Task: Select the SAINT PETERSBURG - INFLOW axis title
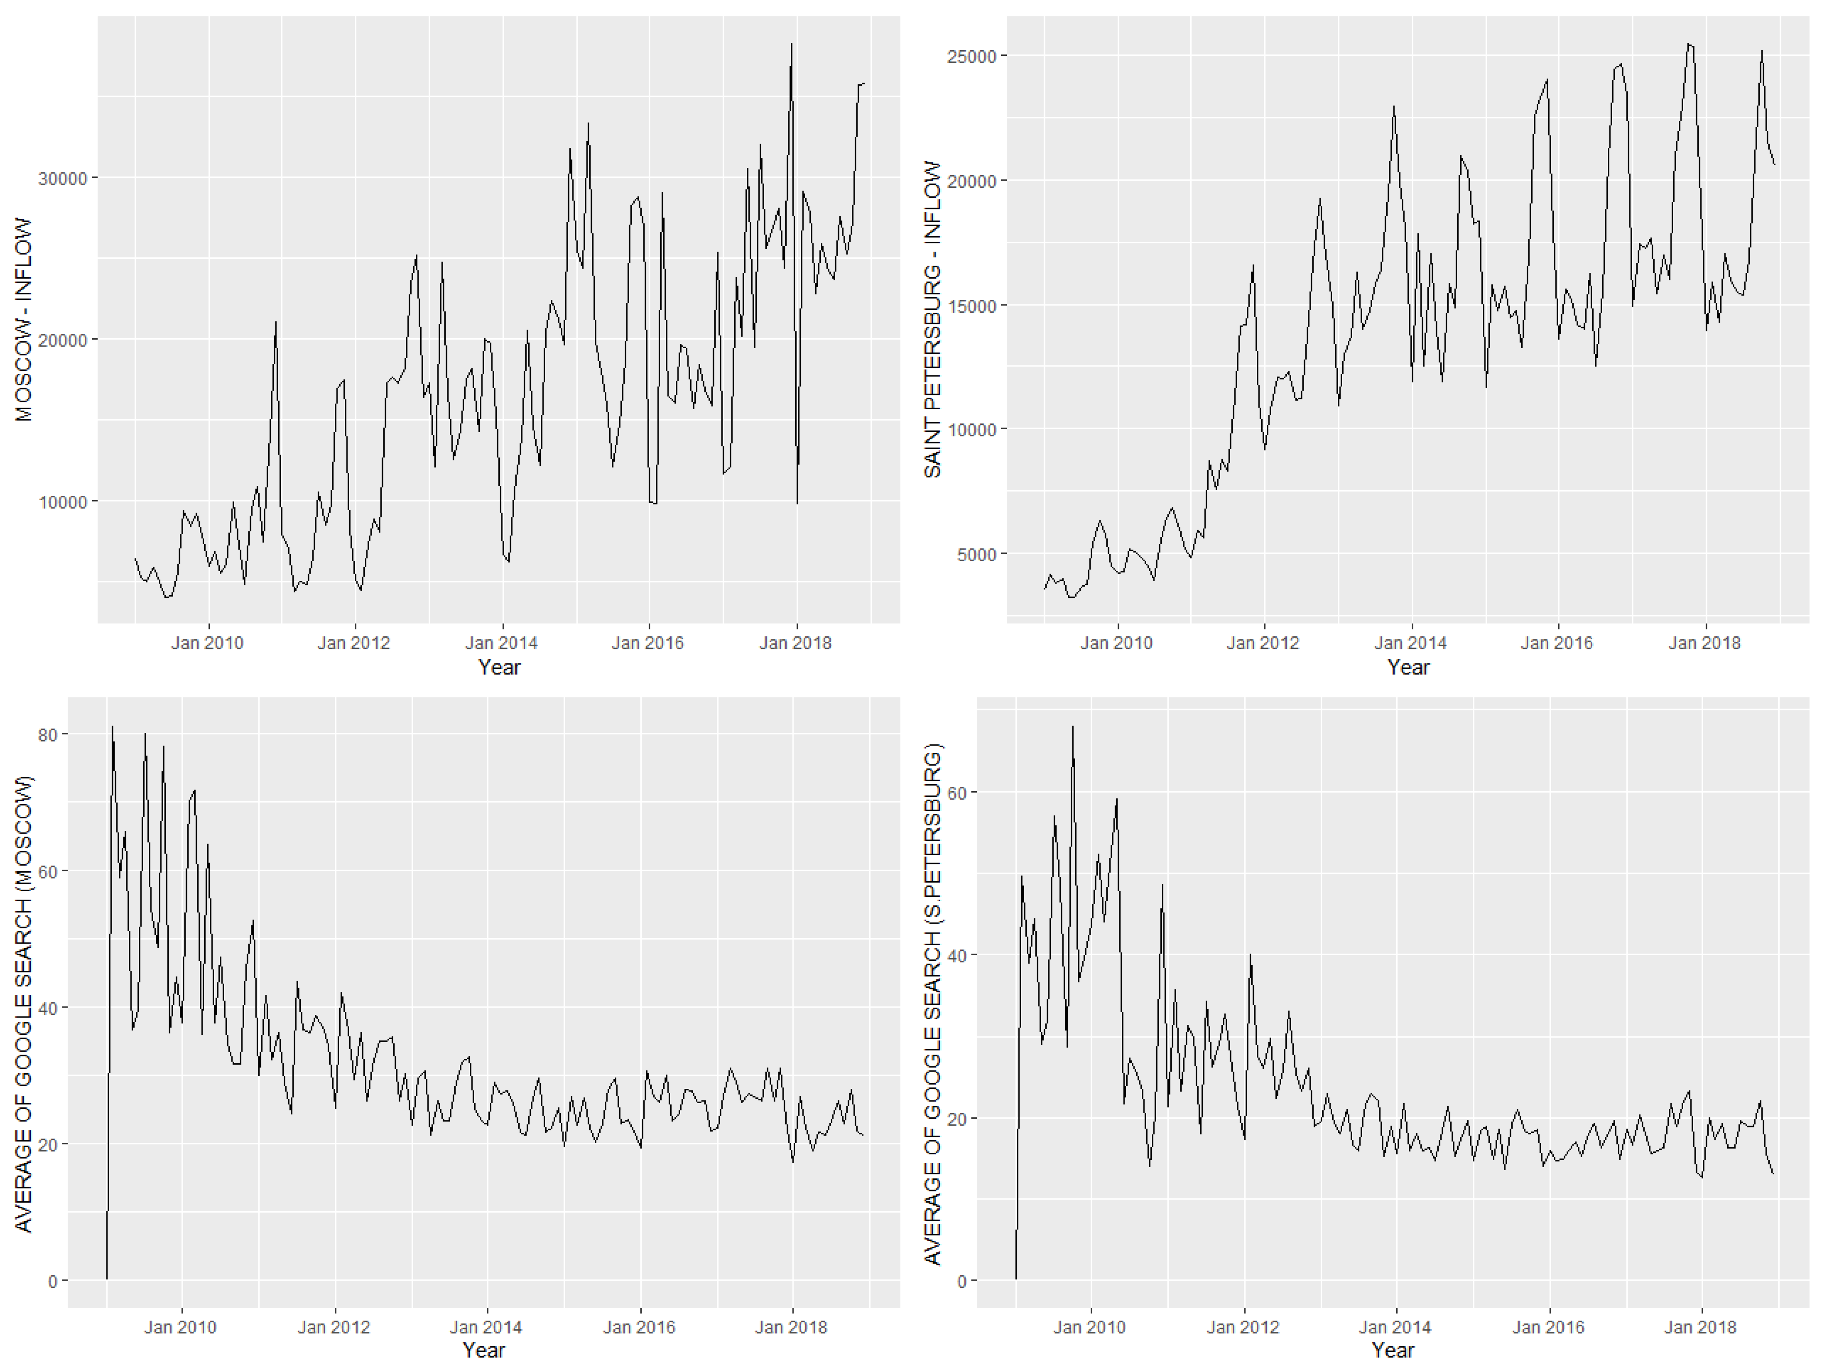pos(932,320)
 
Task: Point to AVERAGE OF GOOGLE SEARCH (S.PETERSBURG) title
pos(932,1004)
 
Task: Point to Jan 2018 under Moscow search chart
pos(791,1328)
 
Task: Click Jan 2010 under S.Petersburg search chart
pos(1089,1328)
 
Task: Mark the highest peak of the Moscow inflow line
pos(791,45)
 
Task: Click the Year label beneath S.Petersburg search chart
pos(1392,1351)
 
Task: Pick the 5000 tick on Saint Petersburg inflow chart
pos(977,554)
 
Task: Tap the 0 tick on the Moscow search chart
pos(53,1281)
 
